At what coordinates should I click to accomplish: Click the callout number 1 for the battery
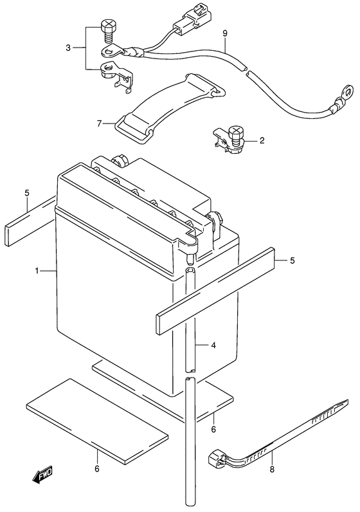click(x=38, y=271)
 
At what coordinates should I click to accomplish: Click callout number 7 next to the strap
click(x=100, y=122)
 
